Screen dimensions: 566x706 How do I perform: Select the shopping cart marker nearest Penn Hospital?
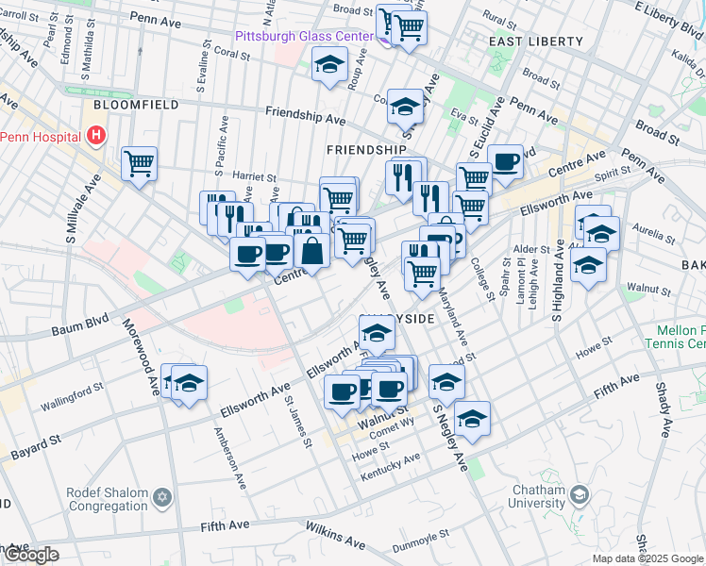coord(139,163)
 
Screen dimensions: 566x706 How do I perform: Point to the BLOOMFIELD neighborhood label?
coord(135,105)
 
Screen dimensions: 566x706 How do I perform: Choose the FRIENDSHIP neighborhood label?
coord(366,150)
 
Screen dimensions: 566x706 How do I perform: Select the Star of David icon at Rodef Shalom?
coord(161,496)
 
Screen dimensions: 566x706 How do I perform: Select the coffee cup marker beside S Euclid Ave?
coord(504,161)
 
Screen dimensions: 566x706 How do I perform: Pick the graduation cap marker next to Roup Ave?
coord(329,65)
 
